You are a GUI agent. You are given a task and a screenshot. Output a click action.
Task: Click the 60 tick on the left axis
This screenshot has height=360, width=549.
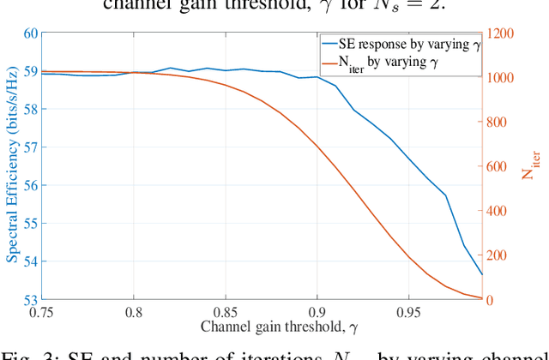(x=28, y=33)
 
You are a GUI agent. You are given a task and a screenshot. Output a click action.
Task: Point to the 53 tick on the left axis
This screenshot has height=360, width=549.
(x=28, y=299)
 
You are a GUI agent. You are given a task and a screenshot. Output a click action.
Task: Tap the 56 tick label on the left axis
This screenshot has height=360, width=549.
(x=28, y=185)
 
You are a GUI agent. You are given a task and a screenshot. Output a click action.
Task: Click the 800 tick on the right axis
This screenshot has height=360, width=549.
(x=498, y=122)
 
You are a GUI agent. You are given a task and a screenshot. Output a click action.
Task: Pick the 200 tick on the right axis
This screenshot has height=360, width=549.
(x=498, y=255)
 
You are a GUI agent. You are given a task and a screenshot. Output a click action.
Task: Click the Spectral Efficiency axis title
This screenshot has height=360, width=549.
(x=11, y=167)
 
